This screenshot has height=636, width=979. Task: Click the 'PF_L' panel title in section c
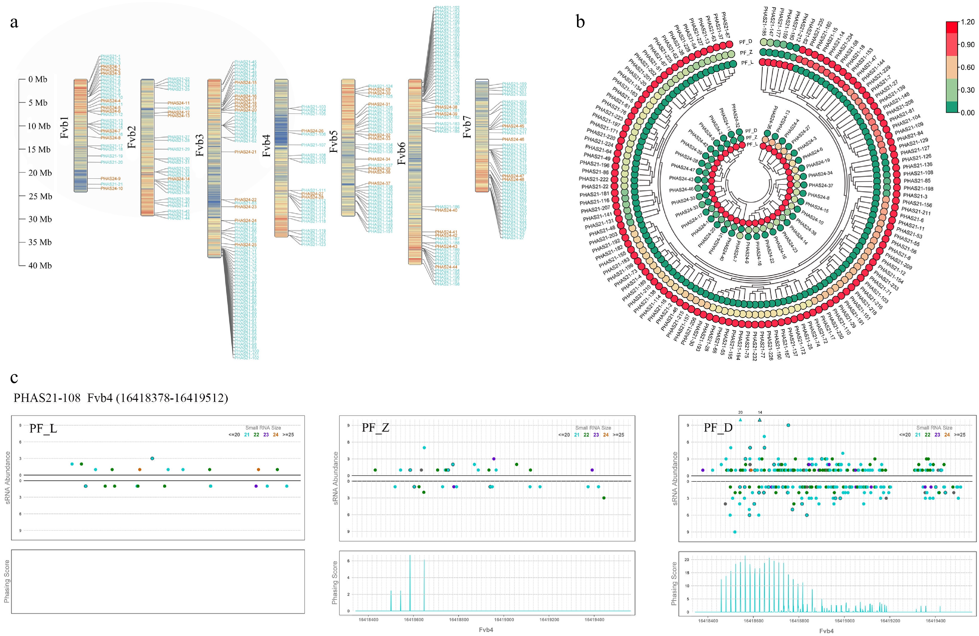click(x=43, y=429)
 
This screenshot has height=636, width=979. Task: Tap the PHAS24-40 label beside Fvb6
click(x=446, y=210)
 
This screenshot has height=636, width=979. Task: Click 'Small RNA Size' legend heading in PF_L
click(x=263, y=428)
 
